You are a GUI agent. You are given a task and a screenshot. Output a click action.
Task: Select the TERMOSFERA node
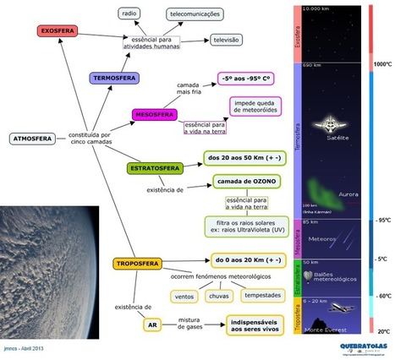(116, 78)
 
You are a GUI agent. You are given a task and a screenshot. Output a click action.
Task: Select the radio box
(129, 14)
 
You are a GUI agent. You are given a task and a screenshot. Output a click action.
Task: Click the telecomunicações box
(196, 14)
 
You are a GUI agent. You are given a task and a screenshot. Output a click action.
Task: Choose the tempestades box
(262, 295)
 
